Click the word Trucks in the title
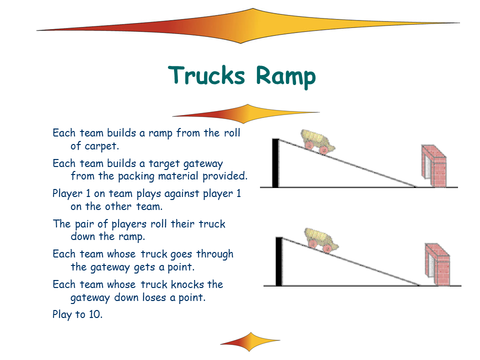[x=206, y=76]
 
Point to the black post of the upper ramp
[x=275, y=163]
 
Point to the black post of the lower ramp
[x=279, y=261]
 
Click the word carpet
[x=102, y=146]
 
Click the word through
[x=215, y=254]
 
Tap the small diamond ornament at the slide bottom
[x=249, y=341]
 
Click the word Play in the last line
[x=63, y=315]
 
